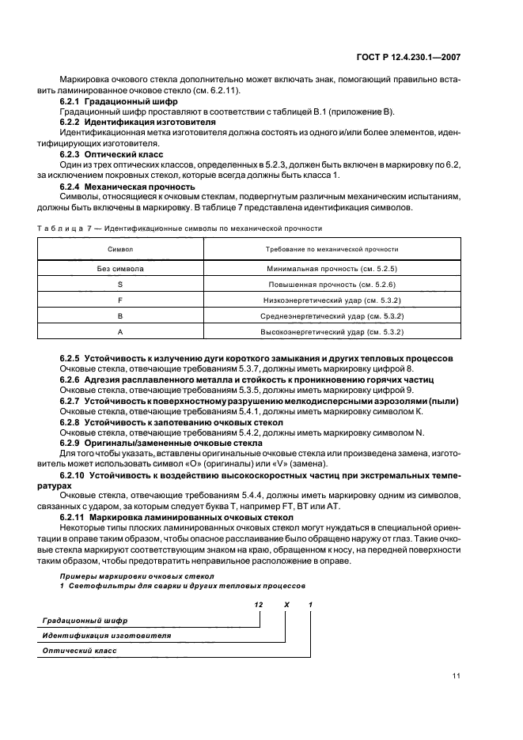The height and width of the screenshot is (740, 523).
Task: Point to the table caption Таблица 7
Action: pos(61,228)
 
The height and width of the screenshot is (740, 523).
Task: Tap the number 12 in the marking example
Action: pos(258,605)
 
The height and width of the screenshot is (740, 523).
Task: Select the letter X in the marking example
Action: pos(286,605)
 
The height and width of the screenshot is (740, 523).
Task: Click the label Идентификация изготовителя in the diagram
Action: pos(106,635)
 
